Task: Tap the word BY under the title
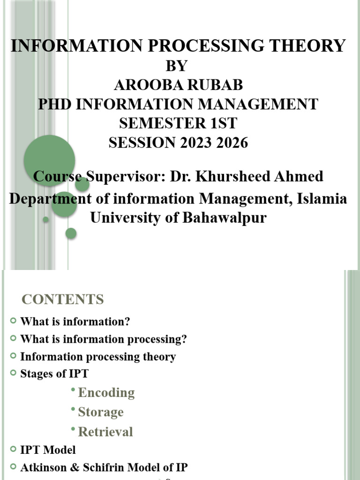(x=176, y=66)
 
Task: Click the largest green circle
(x=49, y=160)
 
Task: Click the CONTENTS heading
(x=63, y=299)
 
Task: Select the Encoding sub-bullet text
(x=106, y=392)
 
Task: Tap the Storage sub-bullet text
(x=101, y=412)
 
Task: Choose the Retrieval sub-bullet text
(x=105, y=432)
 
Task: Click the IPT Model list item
(x=48, y=450)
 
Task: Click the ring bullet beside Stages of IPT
(x=13, y=374)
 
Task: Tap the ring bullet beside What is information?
(x=13, y=321)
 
